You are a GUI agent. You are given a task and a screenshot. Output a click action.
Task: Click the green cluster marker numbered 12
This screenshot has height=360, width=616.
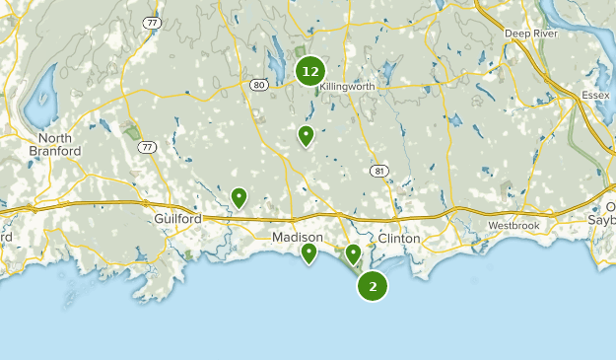click(x=310, y=71)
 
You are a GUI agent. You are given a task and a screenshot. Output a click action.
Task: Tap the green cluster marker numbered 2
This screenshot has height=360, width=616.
click(x=373, y=286)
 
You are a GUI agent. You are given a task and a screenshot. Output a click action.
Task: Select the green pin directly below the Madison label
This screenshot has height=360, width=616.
click(x=309, y=253)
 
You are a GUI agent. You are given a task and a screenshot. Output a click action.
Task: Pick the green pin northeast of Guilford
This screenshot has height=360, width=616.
click(x=239, y=197)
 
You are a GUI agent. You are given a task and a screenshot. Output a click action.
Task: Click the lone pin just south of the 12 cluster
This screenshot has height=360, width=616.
click(x=307, y=135)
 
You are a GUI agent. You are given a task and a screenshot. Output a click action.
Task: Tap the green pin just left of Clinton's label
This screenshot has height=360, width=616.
click(x=353, y=254)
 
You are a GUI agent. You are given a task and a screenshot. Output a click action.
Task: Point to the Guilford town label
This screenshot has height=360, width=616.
click(x=178, y=218)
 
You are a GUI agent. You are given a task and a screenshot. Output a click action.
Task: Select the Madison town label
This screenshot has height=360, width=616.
click(x=297, y=238)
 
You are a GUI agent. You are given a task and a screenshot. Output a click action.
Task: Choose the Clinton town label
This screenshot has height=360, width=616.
click(x=399, y=239)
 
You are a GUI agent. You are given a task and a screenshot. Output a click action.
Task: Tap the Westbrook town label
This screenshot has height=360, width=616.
click(x=514, y=226)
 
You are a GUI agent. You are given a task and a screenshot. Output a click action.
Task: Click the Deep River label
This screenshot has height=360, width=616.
click(x=531, y=34)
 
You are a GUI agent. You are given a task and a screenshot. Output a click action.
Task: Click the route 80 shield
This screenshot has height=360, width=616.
click(x=257, y=86)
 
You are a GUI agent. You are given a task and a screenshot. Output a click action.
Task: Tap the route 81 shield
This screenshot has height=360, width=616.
click(x=379, y=171)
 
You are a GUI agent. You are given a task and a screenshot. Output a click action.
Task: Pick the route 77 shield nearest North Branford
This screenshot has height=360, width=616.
click(x=147, y=148)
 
